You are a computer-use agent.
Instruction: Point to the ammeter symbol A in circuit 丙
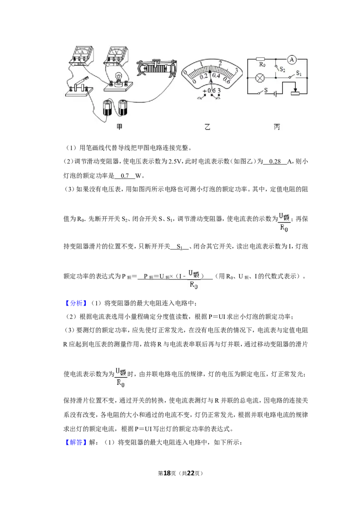tap(292, 59)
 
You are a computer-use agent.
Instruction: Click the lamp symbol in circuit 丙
tap(260, 78)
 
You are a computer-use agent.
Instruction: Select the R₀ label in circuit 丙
tap(262, 64)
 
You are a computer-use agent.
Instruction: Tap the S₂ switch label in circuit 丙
tap(282, 69)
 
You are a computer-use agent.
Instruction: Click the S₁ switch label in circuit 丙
tap(299, 73)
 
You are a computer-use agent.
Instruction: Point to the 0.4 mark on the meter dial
tap(216, 75)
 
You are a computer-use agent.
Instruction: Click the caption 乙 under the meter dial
tap(207, 127)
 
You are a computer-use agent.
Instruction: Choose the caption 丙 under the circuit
tap(277, 127)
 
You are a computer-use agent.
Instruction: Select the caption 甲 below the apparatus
tap(120, 127)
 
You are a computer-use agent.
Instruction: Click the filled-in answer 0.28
tap(275, 161)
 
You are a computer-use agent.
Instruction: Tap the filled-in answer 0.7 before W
tap(125, 176)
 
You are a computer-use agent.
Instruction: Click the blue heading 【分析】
tap(76, 303)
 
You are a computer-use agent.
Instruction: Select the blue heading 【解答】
tap(76, 442)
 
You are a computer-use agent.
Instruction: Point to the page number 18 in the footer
tap(167, 473)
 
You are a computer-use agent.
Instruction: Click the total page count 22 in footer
tap(191, 473)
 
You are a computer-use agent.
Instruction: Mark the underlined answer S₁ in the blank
tap(180, 247)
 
